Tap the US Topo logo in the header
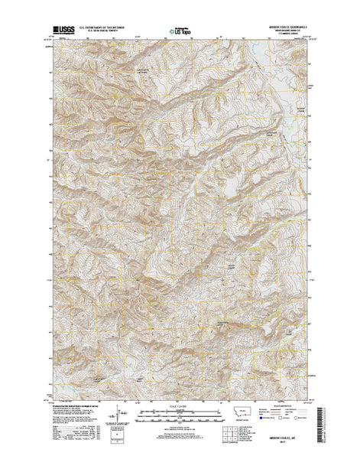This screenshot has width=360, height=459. [x=180, y=32]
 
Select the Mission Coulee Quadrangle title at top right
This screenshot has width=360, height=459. [x=281, y=27]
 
